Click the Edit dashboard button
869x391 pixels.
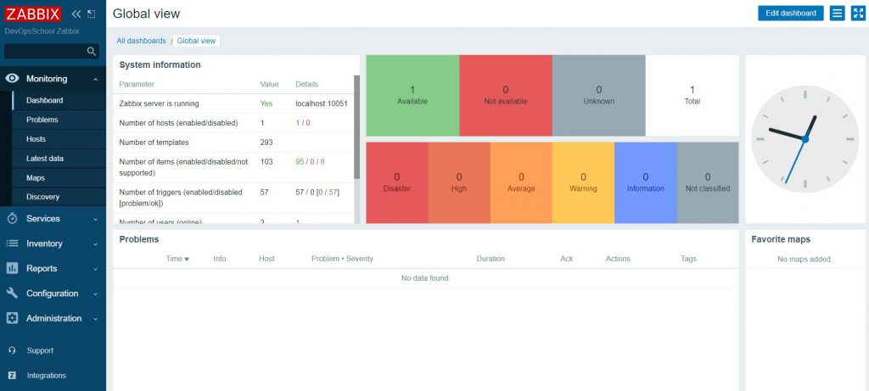pyautogui.click(x=790, y=13)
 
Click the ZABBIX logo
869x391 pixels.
pyautogui.click(x=34, y=14)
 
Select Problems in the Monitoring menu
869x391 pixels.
pyautogui.click(x=42, y=120)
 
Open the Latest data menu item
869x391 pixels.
pyautogui.click(x=45, y=159)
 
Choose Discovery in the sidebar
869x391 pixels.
pyautogui.click(x=42, y=197)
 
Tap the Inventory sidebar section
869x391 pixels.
pyautogui.click(x=44, y=243)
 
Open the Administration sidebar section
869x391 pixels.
pyautogui.click(x=53, y=318)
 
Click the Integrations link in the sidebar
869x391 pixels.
pyautogui.click(x=46, y=375)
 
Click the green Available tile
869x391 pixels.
pyautogui.click(x=412, y=95)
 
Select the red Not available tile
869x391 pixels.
pyautogui.click(x=506, y=95)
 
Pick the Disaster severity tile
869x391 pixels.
pyautogui.click(x=396, y=182)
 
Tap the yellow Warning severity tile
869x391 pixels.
pyautogui.click(x=583, y=182)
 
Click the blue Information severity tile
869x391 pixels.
pyautogui.click(x=645, y=182)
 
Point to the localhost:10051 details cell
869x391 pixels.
pyautogui.click(x=322, y=103)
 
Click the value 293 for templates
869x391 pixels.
pyautogui.click(x=266, y=142)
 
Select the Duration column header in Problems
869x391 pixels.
pyautogui.click(x=491, y=259)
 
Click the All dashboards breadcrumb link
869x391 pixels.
pyautogui.click(x=141, y=41)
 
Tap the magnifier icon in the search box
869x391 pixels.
pyautogui.click(x=92, y=52)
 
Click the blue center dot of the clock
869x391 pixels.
pyautogui.click(x=805, y=139)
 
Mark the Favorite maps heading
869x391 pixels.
pyautogui.click(x=781, y=239)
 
